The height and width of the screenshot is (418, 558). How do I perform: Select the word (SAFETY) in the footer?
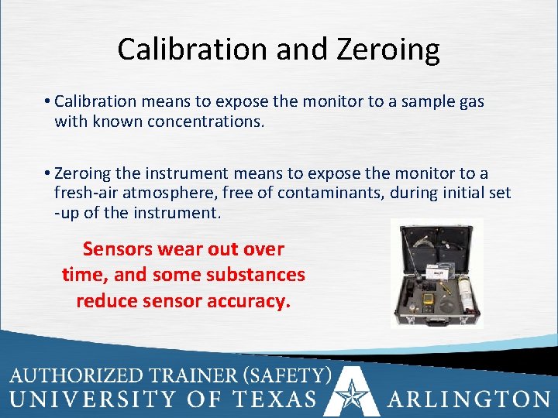click(287, 376)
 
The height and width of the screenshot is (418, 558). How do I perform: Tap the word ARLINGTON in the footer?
click(469, 399)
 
